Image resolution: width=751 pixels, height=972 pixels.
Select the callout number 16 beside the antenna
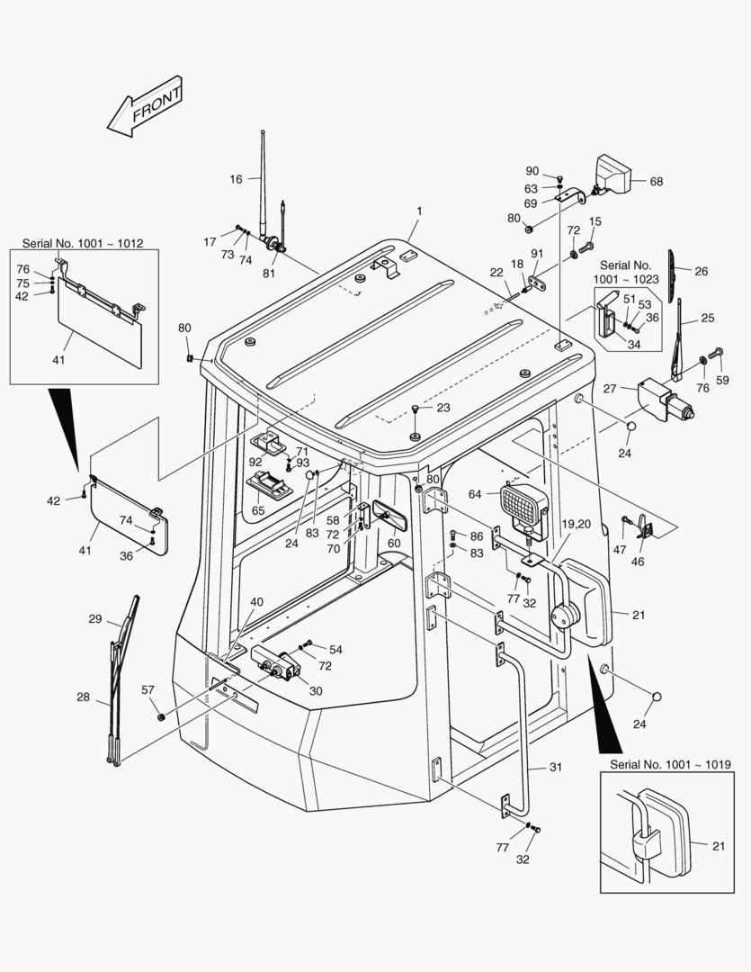click(236, 179)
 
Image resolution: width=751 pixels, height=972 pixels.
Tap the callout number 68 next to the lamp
click(656, 181)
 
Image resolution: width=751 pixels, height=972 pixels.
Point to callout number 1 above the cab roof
click(418, 211)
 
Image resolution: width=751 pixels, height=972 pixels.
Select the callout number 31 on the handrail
click(555, 767)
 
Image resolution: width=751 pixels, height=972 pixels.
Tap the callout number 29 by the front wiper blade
click(95, 619)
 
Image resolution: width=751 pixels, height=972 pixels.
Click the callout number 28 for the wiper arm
click(83, 697)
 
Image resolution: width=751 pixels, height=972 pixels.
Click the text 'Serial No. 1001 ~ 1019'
click(670, 764)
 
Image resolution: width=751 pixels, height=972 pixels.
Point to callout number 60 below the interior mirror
click(394, 543)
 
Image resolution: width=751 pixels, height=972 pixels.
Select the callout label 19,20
click(577, 524)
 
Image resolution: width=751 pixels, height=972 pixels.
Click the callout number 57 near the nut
click(148, 689)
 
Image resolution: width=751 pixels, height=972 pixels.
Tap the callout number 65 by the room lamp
click(258, 510)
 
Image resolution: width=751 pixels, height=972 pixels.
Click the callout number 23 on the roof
click(443, 408)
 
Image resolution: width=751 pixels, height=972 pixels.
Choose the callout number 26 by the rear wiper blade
click(702, 271)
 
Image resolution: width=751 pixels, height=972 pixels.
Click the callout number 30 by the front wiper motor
click(315, 691)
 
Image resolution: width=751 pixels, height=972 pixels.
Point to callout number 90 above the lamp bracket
click(532, 171)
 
